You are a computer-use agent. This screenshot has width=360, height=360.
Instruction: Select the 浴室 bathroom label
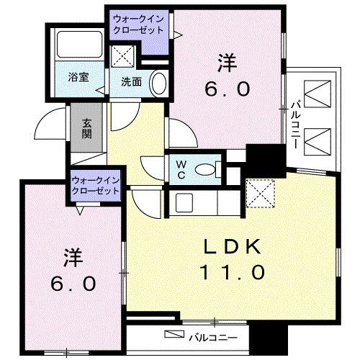78,77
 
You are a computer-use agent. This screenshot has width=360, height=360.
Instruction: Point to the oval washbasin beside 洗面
159,82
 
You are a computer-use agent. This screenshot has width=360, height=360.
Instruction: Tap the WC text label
180,168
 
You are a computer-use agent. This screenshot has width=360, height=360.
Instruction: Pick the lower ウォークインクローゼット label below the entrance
96,186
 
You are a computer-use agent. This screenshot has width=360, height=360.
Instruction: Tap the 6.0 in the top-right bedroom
228,89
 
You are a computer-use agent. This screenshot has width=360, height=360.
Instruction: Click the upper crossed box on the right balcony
317,93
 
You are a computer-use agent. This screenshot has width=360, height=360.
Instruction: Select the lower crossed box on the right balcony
317,140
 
